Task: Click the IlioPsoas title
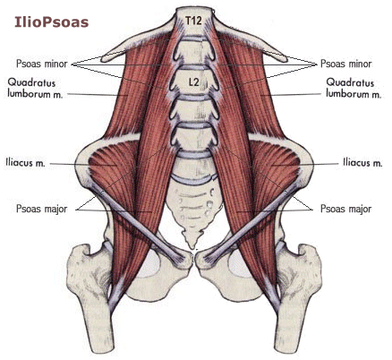click(x=52, y=22)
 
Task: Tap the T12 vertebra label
click(x=193, y=21)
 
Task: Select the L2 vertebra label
click(x=193, y=82)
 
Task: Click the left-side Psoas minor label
click(x=42, y=64)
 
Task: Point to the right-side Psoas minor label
click(x=346, y=64)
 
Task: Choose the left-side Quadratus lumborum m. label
click(x=35, y=88)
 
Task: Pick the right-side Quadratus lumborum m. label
click(x=354, y=88)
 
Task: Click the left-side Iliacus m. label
click(x=25, y=163)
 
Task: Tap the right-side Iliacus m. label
click(x=362, y=163)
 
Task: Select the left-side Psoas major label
click(x=42, y=209)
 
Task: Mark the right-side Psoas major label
click(x=346, y=209)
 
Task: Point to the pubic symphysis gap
click(x=194, y=259)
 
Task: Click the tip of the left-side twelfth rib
click(x=103, y=58)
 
